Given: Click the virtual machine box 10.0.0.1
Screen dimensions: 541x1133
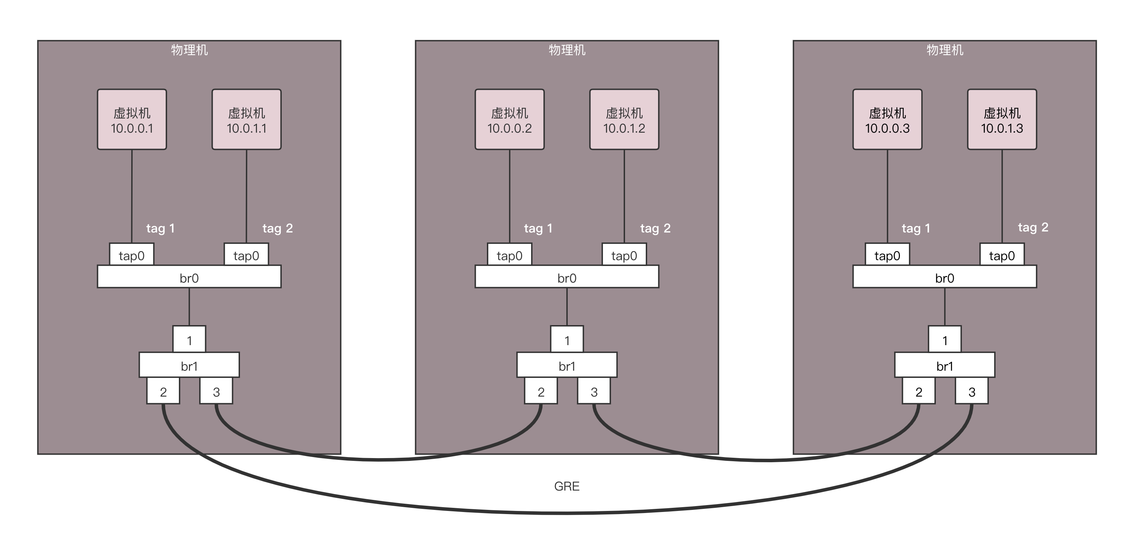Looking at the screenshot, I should coord(132,120).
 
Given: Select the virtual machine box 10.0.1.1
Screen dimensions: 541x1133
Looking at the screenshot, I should coord(246,120).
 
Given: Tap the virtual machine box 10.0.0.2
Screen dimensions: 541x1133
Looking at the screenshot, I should coord(509,120).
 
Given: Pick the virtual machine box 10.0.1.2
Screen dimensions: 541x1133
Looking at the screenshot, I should coord(624,120).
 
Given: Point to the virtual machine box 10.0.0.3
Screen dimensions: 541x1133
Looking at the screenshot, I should coord(887,120).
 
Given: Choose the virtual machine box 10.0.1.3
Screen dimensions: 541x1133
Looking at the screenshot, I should coord(1002,120).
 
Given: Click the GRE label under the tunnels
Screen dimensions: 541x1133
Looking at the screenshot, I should coord(566,486).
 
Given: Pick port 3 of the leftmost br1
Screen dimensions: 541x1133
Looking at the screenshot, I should coord(216,391).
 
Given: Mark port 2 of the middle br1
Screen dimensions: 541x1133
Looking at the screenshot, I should coord(541,391).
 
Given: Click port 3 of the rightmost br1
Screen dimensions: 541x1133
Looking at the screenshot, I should coord(972,391).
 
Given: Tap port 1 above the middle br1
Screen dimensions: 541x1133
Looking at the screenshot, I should coord(567,340).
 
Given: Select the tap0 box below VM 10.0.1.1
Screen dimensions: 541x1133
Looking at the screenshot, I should coord(246,255).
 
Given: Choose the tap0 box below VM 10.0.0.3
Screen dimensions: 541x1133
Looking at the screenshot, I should coord(887,255).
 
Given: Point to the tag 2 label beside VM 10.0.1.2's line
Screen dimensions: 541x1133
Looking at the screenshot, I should coord(655,228).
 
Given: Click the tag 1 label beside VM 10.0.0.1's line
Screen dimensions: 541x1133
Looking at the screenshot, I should coord(161,228).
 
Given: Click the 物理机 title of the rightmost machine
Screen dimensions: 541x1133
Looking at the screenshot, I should coord(945,50).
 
